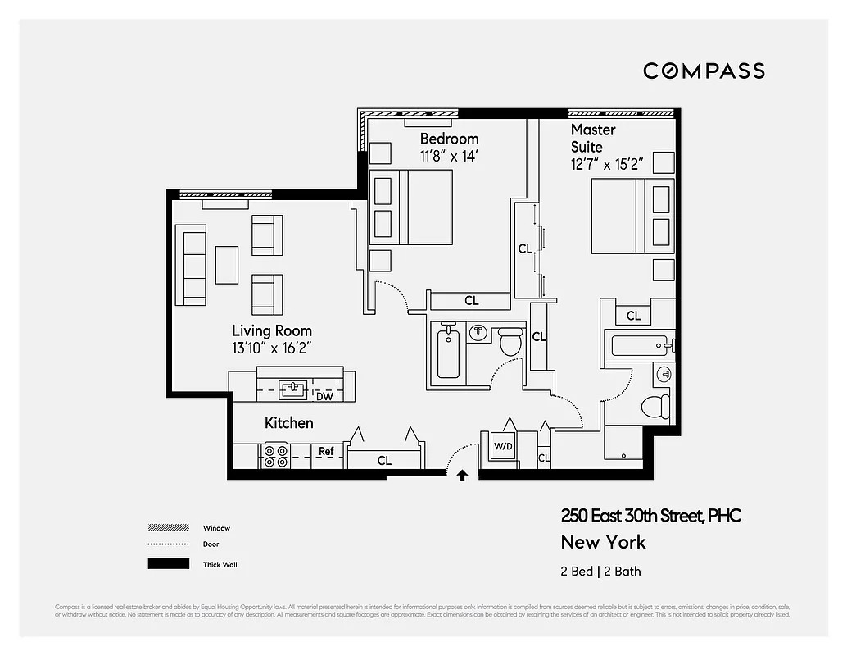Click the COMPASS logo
[704, 71]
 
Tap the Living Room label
[271, 331]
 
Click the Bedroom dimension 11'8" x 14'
[449, 156]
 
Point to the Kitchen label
[288, 423]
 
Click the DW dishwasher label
[324, 395]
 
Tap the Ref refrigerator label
[326, 452]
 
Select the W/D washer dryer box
[502, 447]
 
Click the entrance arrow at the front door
[462, 475]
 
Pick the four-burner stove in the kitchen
[274, 456]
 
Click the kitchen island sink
[292, 388]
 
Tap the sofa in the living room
[192, 266]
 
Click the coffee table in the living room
[226, 265]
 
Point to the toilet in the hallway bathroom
[511, 341]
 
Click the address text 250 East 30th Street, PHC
[650, 516]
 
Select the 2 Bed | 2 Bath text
[600, 572]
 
